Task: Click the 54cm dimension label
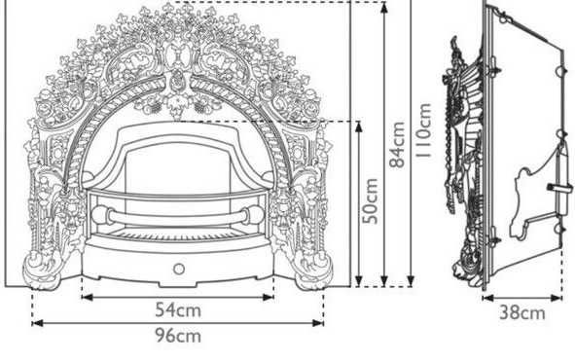pyautogui.click(x=178, y=310)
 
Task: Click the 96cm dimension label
pyautogui.click(x=178, y=336)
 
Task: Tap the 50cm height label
pyautogui.click(x=370, y=200)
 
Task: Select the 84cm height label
pyautogui.click(x=397, y=144)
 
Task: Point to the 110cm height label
pyautogui.click(x=423, y=131)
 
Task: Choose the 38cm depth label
pyautogui.click(x=522, y=312)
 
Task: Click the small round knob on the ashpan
pyautogui.click(x=179, y=270)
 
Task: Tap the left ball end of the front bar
pyautogui.click(x=100, y=215)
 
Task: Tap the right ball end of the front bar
pyautogui.click(x=255, y=215)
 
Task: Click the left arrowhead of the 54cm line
pyautogui.click(x=87, y=298)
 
